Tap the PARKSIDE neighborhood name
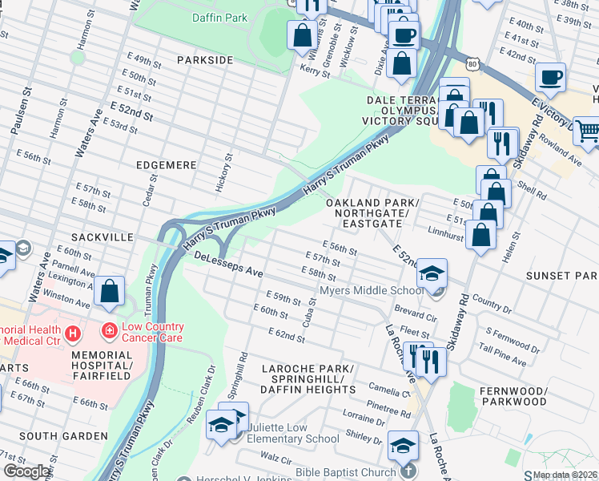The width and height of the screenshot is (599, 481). point(204,60)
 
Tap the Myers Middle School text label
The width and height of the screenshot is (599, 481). point(371,290)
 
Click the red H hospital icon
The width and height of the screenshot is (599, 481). point(74,332)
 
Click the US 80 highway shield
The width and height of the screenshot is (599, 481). point(474,63)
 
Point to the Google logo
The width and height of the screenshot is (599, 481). point(26,471)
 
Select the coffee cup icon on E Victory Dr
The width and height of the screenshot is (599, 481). point(550,78)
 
